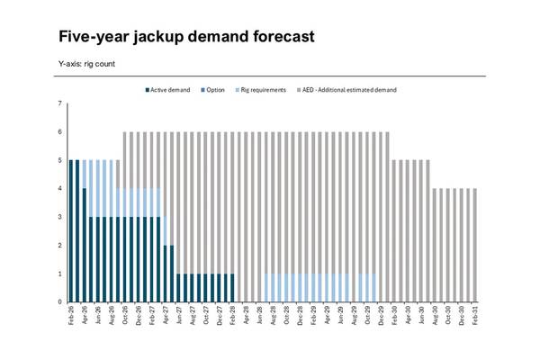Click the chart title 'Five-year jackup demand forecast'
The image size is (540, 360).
(x=185, y=37)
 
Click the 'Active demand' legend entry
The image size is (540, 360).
(x=170, y=90)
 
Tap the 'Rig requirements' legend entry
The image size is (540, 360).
(x=263, y=90)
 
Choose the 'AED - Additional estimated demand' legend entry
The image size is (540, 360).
(x=349, y=90)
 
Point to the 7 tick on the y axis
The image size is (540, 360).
(x=59, y=104)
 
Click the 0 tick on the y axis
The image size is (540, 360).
(x=59, y=302)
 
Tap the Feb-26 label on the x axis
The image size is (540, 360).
(x=71, y=317)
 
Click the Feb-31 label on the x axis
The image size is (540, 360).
(x=474, y=317)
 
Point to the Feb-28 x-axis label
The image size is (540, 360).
(x=233, y=317)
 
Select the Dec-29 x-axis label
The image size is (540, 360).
(x=380, y=317)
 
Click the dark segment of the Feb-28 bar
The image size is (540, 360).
(x=233, y=288)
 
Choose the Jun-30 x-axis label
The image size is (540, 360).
(x=420, y=317)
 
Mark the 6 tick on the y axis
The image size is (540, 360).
(x=59, y=132)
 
